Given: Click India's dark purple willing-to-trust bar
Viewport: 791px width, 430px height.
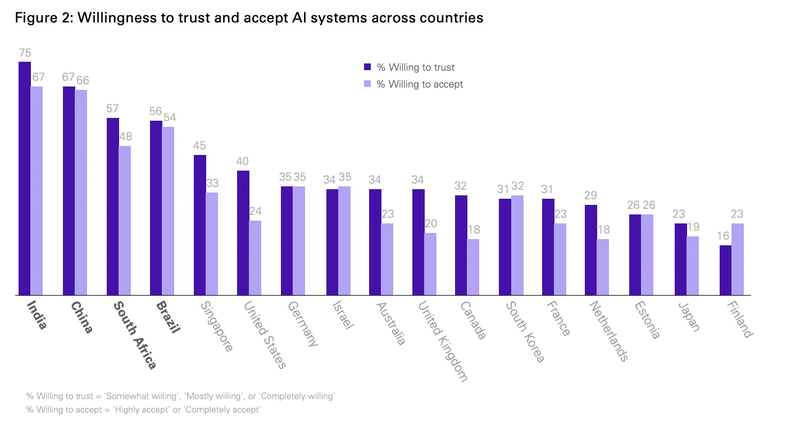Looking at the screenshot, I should pos(25,179).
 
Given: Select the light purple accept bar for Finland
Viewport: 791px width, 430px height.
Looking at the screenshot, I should pos(737,259).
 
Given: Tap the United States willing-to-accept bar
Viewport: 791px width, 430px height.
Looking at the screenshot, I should pos(255,258).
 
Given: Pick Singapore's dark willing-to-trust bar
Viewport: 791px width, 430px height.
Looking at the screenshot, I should pos(200,225).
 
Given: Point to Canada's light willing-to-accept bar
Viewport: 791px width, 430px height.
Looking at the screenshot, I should pos(473,267).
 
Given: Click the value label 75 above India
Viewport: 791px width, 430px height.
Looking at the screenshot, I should pos(25,53).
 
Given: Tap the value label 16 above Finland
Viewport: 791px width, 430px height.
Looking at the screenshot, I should pos(725,236).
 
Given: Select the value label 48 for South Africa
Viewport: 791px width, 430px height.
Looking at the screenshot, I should pos(125,137).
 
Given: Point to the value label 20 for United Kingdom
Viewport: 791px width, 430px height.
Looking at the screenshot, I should pos(430,224).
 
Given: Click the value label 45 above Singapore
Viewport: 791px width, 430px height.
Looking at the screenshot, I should pos(200,146).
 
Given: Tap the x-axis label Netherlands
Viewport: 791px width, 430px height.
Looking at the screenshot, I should pos(608,331).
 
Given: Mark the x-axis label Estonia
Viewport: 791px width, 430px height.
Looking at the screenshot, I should pos(647,320).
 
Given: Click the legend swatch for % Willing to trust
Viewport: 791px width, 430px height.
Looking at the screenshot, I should pos(368,67).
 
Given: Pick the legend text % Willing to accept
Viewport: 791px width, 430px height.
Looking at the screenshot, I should pos(420,84).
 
